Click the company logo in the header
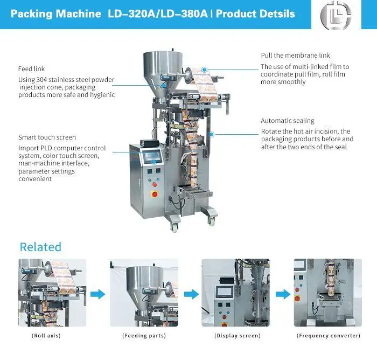[336, 15]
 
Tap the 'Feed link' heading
[31, 69]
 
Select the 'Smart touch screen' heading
[47, 137]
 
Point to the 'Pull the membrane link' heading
[295, 56]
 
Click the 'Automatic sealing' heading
[288, 121]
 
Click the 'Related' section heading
[40, 247]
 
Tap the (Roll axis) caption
[46, 335]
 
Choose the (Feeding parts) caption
[144, 335]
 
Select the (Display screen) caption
[238, 335]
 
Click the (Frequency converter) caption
[329, 335]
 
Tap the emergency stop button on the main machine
[155, 194]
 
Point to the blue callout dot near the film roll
[204, 70]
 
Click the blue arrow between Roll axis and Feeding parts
[98, 294]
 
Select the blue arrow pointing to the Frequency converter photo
[283, 294]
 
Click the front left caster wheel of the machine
[175, 227]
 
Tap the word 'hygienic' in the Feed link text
[102, 95]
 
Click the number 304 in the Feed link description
[41, 80]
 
